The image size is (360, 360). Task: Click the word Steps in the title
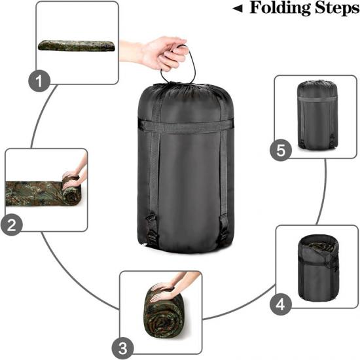[x=337, y=8]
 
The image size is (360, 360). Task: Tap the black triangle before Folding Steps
[x=238, y=9]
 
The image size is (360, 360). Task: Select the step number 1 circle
[x=39, y=81]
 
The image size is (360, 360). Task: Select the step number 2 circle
[x=12, y=225]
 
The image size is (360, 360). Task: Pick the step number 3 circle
[x=122, y=348]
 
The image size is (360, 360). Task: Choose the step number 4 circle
[x=280, y=305]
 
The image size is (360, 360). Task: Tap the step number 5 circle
[x=281, y=150]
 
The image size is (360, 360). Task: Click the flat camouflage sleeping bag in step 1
[x=76, y=45]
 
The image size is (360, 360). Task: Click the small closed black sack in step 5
[x=317, y=115]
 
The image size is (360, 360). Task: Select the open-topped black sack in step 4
[x=318, y=268]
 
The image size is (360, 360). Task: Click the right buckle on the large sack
[x=223, y=227]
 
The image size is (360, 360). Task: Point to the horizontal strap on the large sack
[x=185, y=126]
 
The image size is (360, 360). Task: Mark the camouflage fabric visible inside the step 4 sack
[x=321, y=247]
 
